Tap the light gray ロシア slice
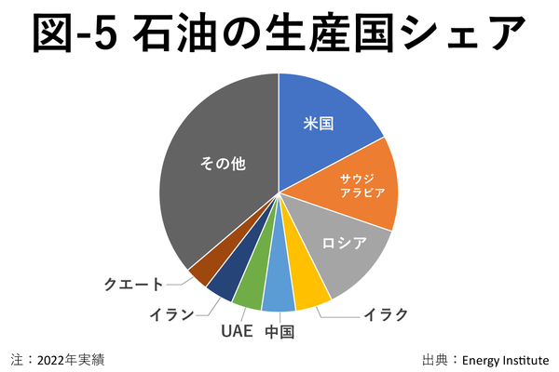340,251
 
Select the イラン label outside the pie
171,313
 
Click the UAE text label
237,332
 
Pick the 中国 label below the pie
279,332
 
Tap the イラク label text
386,314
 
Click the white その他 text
223,165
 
